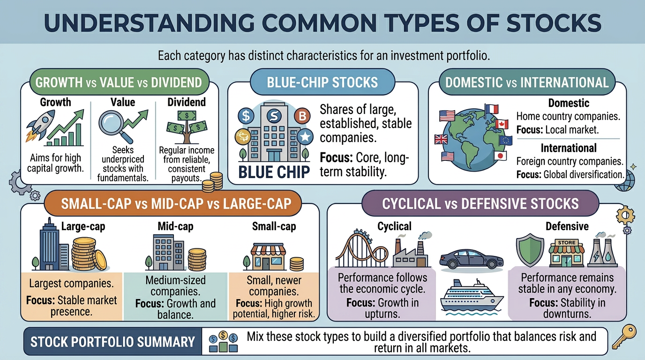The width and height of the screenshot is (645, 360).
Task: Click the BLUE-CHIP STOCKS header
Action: (322, 82)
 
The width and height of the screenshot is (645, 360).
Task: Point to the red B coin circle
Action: (302, 116)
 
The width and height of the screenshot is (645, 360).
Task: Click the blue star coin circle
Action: (305, 136)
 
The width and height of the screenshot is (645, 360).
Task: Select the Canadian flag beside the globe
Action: (502, 124)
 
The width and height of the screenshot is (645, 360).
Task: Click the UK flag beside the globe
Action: (441, 139)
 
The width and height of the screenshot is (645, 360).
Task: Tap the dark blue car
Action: (471, 258)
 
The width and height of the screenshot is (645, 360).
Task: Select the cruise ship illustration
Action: (472, 296)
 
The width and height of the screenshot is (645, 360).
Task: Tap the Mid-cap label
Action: (175, 226)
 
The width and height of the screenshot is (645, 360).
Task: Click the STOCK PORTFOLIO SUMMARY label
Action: (112, 342)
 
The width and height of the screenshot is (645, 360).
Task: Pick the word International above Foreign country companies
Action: (569, 148)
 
